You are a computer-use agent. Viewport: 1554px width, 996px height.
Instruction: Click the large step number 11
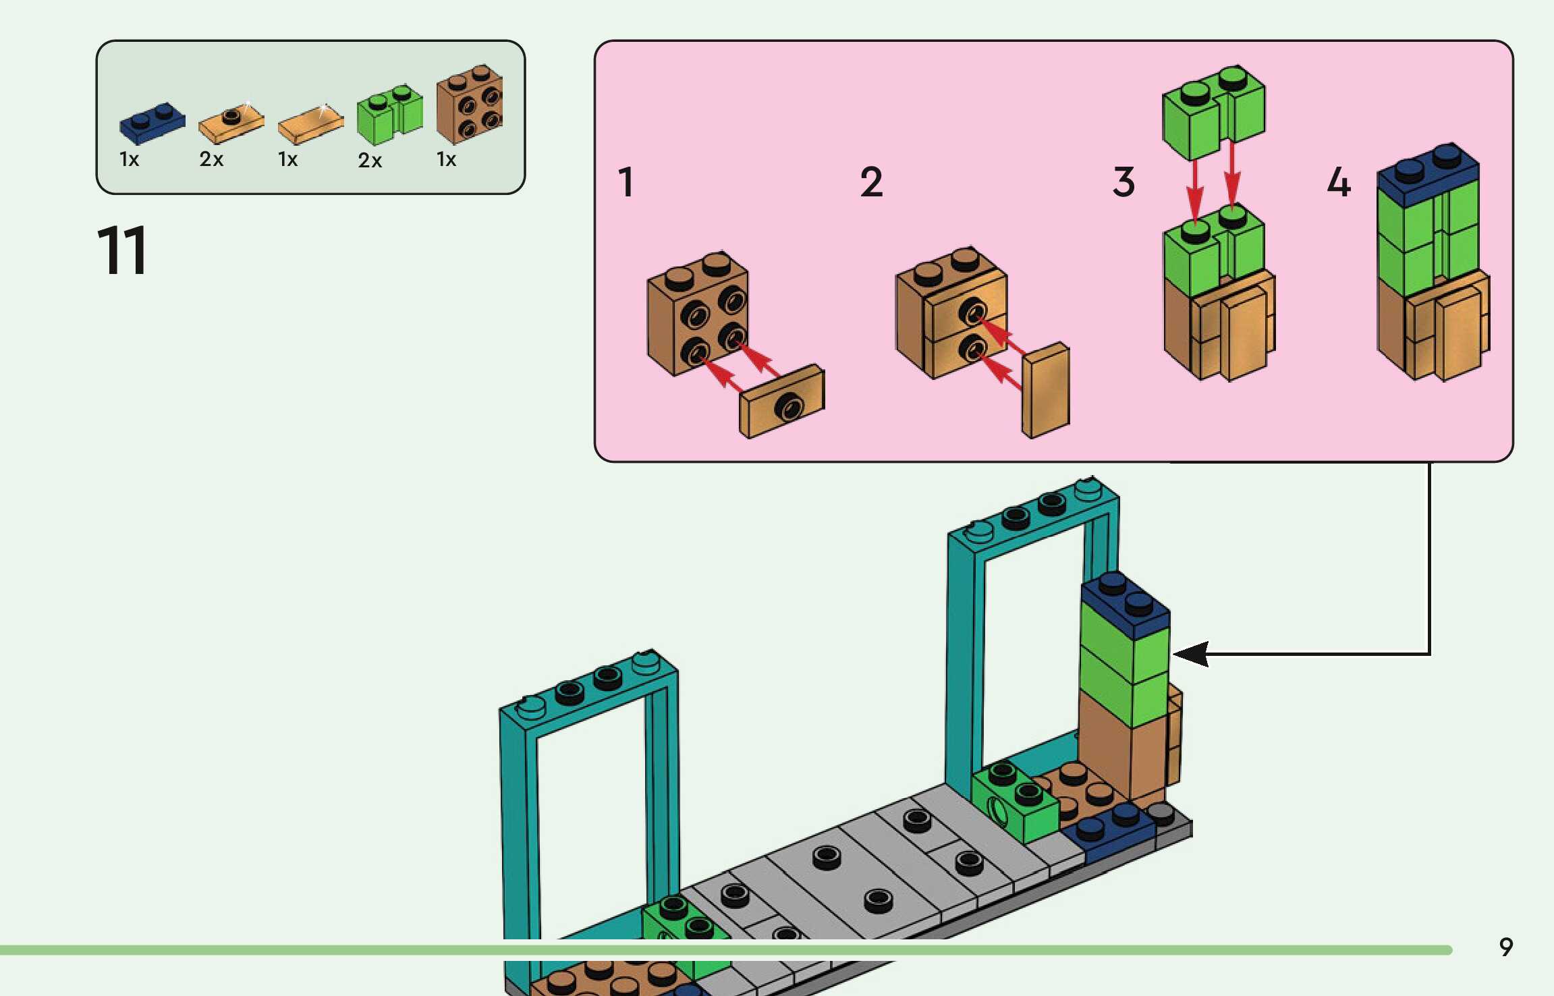tap(122, 250)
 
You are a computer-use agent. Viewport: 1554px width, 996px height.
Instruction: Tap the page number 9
tap(1505, 947)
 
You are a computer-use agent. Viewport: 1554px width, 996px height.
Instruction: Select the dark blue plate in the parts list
tap(152, 123)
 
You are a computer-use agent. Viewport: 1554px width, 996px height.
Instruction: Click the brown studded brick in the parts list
tap(470, 104)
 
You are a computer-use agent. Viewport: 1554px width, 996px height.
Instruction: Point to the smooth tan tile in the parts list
tap(310, 125)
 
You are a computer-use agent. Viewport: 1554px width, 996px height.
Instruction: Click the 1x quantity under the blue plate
tap(129, 159)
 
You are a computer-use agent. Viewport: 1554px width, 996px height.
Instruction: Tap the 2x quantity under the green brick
tap(370, 161)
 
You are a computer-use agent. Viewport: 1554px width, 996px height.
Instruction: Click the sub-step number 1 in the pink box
tap(626, 182)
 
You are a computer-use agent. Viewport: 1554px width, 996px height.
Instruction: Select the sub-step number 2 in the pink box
tap(871, 182)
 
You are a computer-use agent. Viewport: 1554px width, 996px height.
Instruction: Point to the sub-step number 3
tap(1123, 182)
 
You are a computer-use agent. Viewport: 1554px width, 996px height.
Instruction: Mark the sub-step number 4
tap(1339, 182)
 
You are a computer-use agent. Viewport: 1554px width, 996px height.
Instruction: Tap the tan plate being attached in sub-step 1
tap(781, 402)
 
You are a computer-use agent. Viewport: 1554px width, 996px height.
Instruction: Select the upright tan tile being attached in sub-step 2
tap(1045, 390)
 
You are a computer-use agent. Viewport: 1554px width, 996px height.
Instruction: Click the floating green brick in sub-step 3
tap(1213, 111)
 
